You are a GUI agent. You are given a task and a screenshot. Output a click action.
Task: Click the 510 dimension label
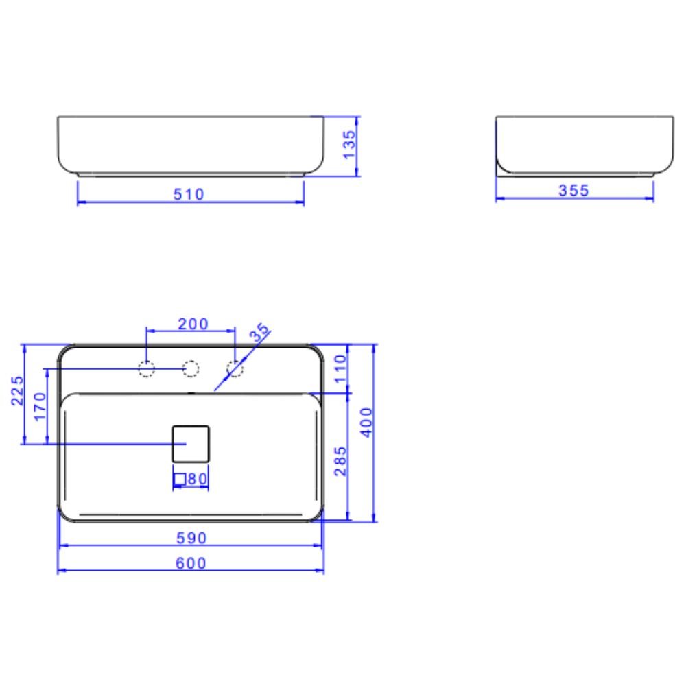[x=189, y=194]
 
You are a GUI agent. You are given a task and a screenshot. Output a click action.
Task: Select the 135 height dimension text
[x=348, y=145]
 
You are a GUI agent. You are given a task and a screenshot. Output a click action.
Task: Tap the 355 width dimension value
[x=573, y=191]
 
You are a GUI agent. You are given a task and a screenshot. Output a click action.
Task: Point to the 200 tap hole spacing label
[x=193, y=324]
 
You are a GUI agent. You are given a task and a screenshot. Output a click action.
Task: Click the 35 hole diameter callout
[x=259, y=333]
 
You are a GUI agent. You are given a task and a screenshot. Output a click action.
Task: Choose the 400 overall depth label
[x=366, y=422]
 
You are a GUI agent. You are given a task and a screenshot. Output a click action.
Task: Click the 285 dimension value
[x=340, y=461]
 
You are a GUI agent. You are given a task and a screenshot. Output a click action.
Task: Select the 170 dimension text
[x=40, y=406]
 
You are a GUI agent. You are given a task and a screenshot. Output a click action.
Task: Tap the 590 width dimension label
[x=191, y=538]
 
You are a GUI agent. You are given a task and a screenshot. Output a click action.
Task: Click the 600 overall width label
[x=191, y=563]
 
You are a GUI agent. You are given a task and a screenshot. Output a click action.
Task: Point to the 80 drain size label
[x=197, y=478]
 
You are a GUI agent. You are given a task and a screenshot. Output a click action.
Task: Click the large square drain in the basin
[x=190, y=443]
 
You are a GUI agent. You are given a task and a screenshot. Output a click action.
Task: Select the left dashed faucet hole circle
[x=146, y=369]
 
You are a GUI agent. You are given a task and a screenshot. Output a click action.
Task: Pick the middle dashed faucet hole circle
[x=191, y=369]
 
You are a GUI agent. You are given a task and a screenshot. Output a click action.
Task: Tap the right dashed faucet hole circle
[x=235, y=369]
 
